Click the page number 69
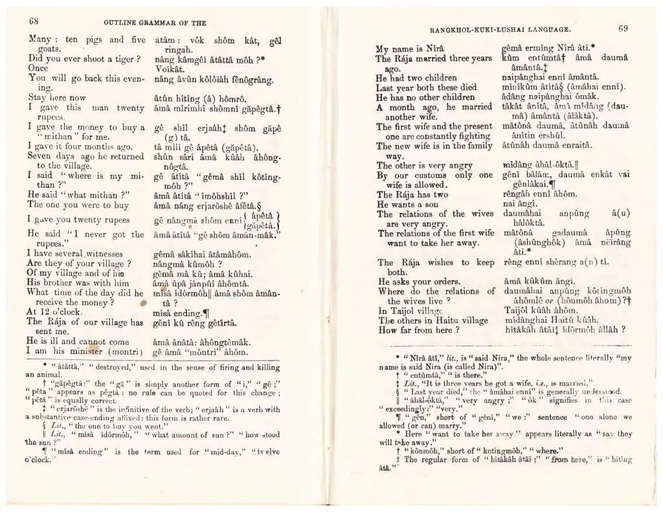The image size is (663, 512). click(x=624, y=28)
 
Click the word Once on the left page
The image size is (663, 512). click(x=38, y=68)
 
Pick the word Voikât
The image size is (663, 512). click(x=171, y=69)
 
